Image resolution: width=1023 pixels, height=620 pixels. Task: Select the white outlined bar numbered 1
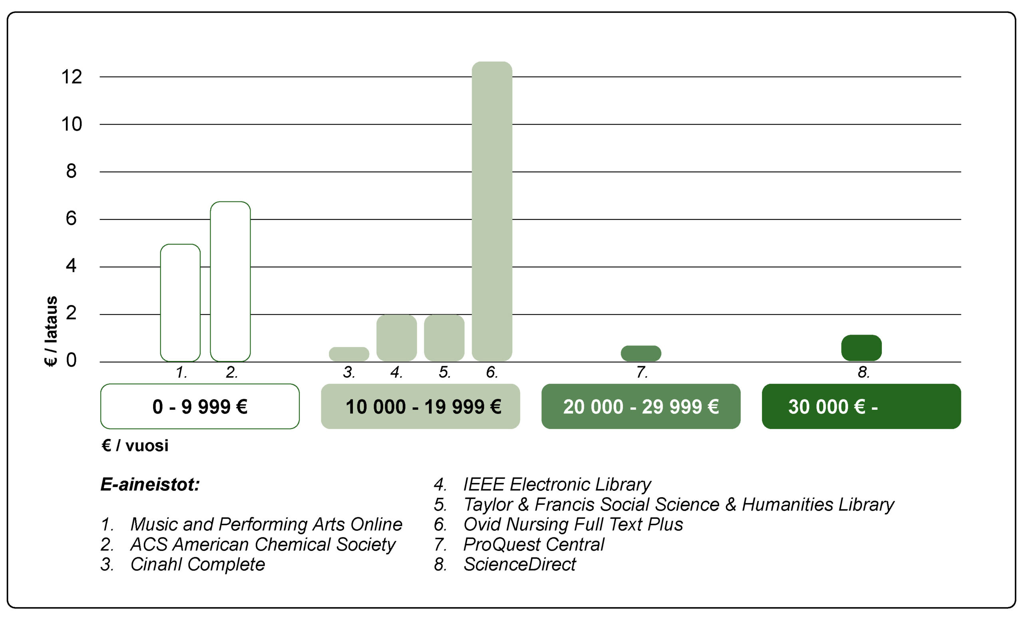pos(180,303)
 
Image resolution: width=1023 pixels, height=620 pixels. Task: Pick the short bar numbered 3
pos(349,354)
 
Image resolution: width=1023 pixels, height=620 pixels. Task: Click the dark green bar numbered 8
pos(861,348)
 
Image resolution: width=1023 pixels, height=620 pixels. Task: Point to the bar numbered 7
pos(641,353)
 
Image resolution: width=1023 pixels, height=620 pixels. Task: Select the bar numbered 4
pos(396,338)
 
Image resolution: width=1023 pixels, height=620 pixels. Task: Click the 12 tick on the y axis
pos(72,77)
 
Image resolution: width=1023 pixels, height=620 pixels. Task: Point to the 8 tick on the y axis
pos(72,171)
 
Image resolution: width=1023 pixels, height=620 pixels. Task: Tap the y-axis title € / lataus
pos(51,331)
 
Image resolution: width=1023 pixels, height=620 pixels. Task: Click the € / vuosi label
pos(135,446)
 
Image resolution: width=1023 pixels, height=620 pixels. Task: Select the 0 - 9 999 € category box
pos(200,407)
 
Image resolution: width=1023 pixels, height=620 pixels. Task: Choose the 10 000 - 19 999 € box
pos(420,407)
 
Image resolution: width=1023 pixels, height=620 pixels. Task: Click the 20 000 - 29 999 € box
pos(641,407)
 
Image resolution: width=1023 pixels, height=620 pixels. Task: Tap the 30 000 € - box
pos(861,407)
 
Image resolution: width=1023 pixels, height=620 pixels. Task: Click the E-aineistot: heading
pos(150,484)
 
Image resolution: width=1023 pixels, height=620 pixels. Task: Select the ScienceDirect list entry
pos(519,564)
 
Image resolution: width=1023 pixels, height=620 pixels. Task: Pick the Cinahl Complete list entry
pos(197,564)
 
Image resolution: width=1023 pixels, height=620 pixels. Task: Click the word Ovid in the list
pos(480,524)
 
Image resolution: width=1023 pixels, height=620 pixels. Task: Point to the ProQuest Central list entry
pos(533,544)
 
